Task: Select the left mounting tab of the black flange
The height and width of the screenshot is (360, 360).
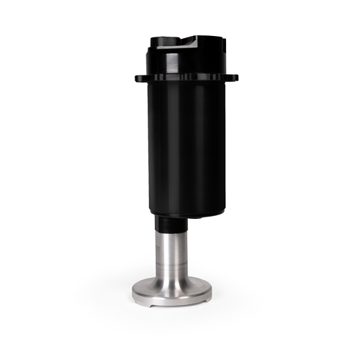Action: (139, 78)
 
